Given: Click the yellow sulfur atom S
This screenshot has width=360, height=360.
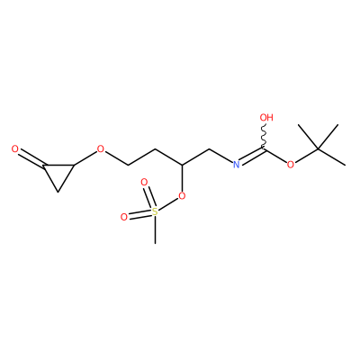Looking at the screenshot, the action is click(x=155, y=211).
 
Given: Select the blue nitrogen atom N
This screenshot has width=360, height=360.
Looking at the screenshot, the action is click(x=237, y=164).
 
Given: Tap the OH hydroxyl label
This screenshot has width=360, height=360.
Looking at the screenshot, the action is click(x=266, y=117).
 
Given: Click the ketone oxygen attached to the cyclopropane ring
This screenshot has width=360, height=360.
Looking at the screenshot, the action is click(x=15, y=148).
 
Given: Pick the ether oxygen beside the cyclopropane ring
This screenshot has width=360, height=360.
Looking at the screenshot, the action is click(x=101, y=148).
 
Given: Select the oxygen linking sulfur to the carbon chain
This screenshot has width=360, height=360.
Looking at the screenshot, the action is click(x=182, y=196).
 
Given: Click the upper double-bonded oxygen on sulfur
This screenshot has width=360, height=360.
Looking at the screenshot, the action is click(x=144, y=182).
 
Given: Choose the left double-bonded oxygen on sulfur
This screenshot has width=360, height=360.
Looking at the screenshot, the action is click(x=124, y=217).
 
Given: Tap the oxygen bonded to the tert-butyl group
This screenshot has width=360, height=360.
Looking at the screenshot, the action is click(x=291, y=164).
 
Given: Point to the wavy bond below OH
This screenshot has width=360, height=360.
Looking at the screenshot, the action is click(x=264, y=136).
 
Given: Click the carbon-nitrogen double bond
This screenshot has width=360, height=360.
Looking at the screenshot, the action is click(x=251, y=156).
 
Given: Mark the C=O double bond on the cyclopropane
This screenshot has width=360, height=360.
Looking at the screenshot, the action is click(x=31, y=159).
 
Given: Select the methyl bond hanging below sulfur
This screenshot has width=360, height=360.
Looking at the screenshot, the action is click(x=155, y=229).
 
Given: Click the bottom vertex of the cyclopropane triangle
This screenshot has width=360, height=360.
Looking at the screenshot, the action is click(x=58, y=192).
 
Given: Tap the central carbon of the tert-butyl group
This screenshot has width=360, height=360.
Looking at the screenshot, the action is click(x=318, y=148).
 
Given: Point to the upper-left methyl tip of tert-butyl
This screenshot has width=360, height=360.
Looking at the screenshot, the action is click(x=299, y=124).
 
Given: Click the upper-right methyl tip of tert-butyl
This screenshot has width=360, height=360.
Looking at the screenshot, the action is click(x=338, y=125).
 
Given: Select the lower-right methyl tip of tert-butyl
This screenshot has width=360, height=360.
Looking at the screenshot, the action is click(x=345, y=165).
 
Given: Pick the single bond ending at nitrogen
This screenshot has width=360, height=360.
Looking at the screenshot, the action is click(x=220, y=156).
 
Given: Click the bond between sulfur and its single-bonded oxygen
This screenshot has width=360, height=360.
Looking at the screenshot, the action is click(x=168, y=204).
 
